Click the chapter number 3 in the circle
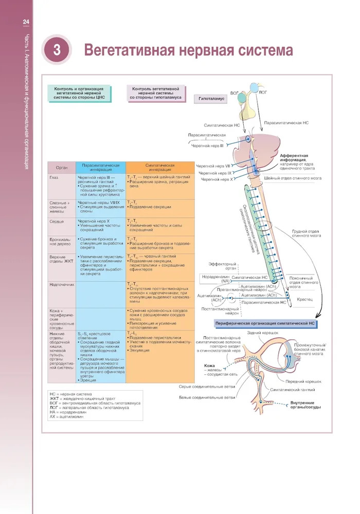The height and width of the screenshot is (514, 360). (57, 50)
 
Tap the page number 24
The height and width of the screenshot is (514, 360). (25, 22)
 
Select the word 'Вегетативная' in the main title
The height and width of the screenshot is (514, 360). (129, 50)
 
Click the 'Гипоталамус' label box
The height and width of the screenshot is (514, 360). (210, 98)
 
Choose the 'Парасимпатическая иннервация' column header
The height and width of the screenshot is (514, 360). (101, 168)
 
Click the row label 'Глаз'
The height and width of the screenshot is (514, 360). (54, 178)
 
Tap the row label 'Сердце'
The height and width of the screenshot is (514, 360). (57, 221)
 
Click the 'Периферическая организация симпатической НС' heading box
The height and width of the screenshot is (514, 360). (266, 323)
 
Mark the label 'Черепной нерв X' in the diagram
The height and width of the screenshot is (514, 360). (217, 180)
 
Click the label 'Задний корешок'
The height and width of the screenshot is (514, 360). (262, 333)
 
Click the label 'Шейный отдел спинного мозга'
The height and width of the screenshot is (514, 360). (293, 178)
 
